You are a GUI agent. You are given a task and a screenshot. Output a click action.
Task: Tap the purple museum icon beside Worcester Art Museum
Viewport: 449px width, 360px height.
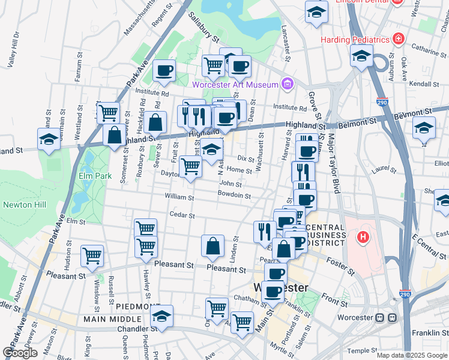(288, 83)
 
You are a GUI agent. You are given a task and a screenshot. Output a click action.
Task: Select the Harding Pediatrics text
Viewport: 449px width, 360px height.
(355, 40)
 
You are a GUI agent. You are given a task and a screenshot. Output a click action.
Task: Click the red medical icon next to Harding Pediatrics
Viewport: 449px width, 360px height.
(398, 39)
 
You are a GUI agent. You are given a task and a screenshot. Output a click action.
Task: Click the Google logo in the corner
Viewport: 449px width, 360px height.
(20, 353)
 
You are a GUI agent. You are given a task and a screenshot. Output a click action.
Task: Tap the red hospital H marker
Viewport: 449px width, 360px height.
(362, 238)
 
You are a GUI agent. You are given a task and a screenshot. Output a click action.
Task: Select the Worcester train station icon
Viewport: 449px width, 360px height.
(386, 317)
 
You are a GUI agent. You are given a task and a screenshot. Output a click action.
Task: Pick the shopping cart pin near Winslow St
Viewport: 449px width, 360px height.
(92, 255)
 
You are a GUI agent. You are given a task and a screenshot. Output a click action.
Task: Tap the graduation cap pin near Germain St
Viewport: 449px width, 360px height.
(49, 139)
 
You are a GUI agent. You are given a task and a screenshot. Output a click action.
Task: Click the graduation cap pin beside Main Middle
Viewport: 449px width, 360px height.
(161, 316)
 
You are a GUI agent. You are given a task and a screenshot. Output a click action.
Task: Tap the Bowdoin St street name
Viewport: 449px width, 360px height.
(234, 195)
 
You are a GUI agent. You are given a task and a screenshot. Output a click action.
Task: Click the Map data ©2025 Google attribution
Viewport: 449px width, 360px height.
(412, 355)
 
